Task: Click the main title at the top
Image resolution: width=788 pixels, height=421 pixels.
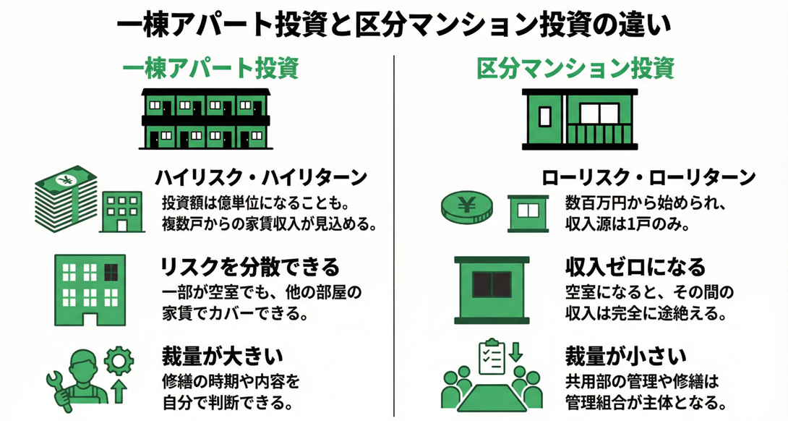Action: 394,23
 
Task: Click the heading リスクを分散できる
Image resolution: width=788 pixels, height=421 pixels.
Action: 249,268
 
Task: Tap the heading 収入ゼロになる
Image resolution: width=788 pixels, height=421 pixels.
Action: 635,268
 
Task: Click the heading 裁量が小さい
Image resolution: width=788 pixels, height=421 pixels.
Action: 625,356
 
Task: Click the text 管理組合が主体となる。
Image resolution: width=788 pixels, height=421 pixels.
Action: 643,401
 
